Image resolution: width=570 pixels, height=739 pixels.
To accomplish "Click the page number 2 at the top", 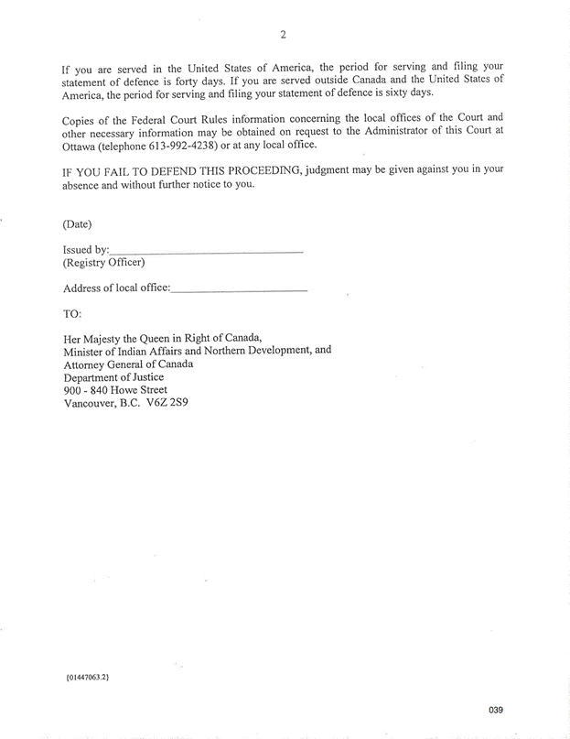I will (x=284, y=35).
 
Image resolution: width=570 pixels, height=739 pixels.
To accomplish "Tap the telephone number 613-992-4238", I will (x=183, y=145).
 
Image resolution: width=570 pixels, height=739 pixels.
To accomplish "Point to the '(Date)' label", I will (x=77, y=223).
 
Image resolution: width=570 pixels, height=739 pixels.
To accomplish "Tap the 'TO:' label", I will (x=73, y=313).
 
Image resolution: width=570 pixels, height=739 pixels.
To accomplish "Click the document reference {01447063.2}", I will (x=94, y=678).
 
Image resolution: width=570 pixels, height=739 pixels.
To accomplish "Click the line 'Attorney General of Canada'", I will (x=128, y=363).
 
